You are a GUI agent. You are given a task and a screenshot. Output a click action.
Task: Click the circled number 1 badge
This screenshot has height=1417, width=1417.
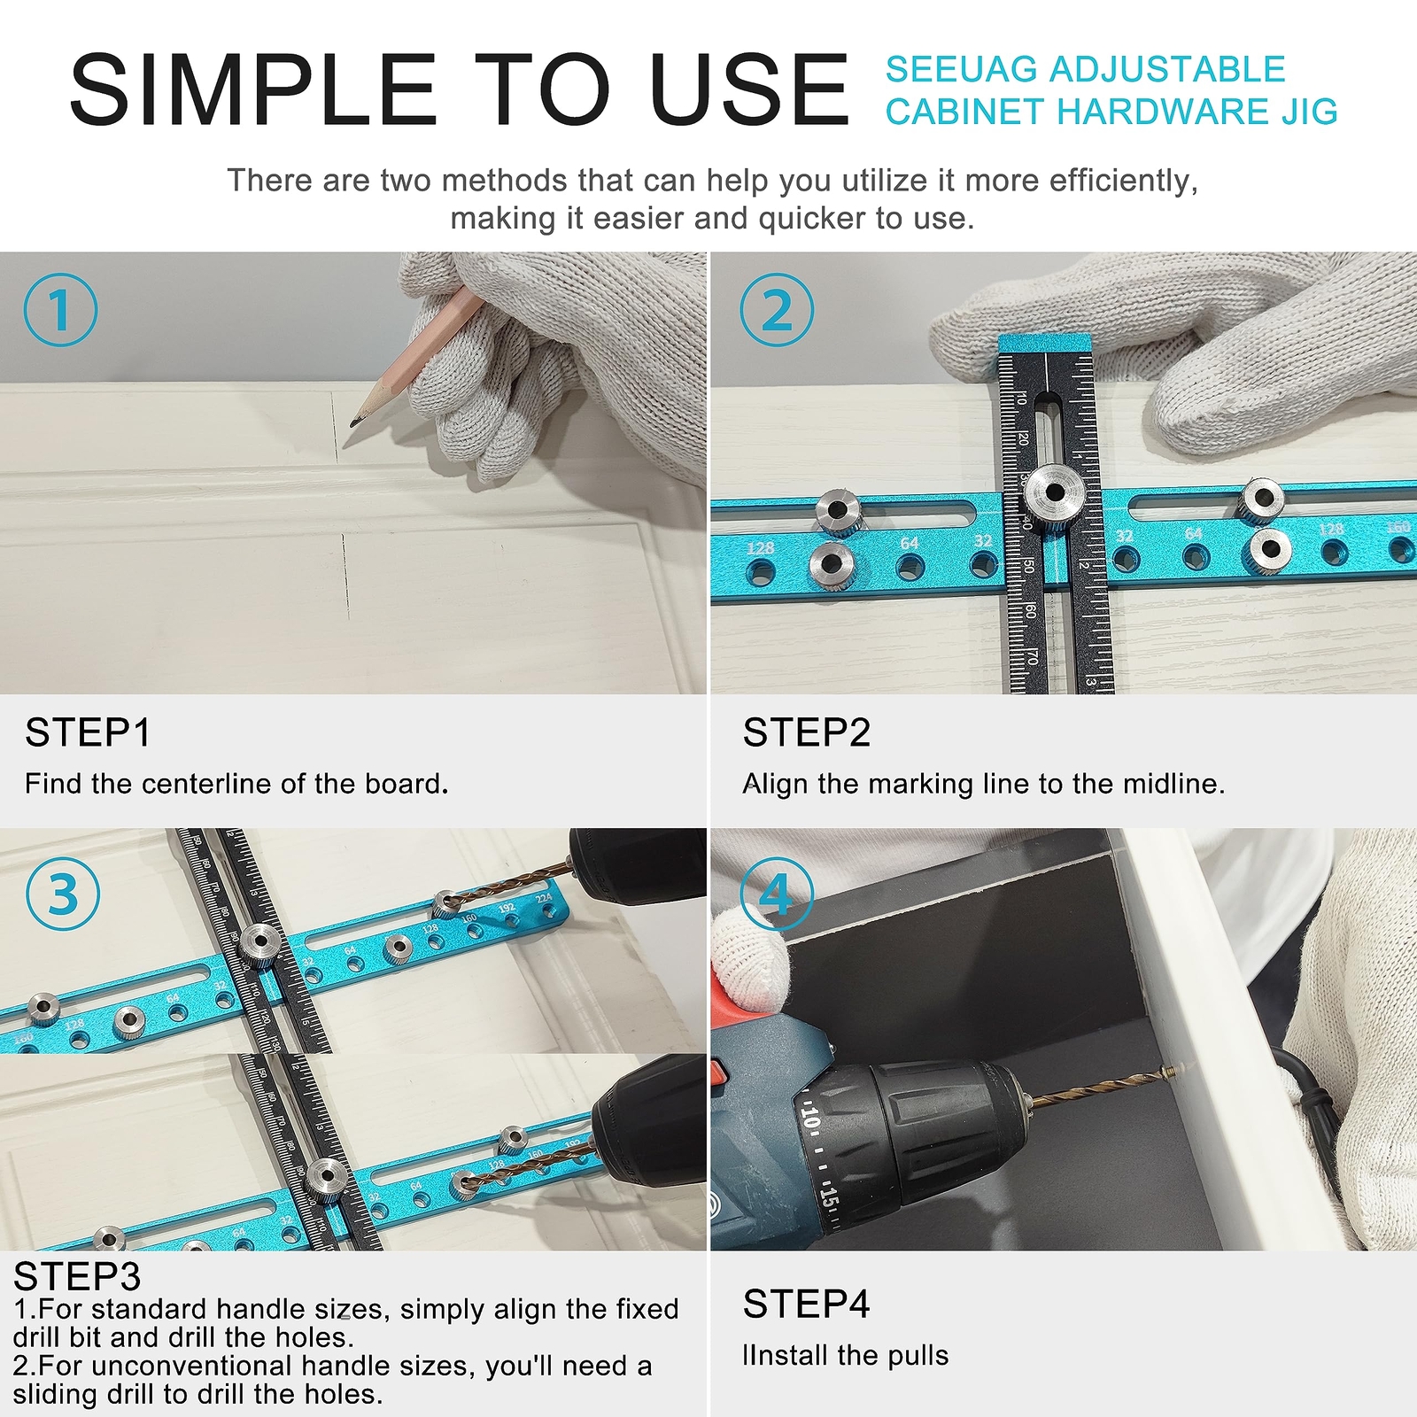click(x=60, y=310)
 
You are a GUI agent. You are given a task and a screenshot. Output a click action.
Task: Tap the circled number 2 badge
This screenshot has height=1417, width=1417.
click(x=777, y=310)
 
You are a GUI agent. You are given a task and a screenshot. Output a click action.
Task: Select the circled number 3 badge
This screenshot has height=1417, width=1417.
click(x=63, y=894)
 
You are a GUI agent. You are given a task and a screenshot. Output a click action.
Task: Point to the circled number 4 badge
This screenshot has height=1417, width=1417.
click(x=777, y=894)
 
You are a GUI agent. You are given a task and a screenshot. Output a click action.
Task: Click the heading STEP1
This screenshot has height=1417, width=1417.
click(x=88, y=733)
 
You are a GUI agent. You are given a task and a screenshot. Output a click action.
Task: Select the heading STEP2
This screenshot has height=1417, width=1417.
click(x=806, y=733)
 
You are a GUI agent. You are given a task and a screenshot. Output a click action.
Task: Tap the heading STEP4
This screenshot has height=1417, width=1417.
click(x=806, y=1305)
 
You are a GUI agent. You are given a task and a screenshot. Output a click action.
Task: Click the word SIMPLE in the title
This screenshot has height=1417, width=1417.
click(x=253, y=90)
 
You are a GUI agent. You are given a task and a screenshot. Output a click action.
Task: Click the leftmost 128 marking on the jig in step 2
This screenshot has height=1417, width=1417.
click(x=760, y=548)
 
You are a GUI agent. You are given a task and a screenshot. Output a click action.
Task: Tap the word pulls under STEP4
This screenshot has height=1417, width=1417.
click(x=919, y=1356)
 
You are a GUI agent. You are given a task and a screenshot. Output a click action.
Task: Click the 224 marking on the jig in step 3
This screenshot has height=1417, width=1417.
click(x=543, y=898)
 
